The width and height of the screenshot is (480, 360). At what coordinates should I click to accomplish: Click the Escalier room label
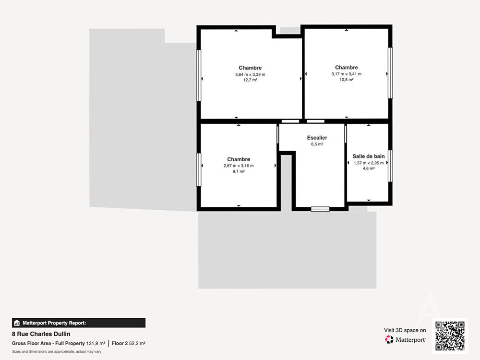pos(317,138)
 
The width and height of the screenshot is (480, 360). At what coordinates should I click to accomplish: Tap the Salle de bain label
pos(369,156)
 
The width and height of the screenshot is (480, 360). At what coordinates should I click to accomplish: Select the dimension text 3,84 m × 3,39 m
pos(250,74)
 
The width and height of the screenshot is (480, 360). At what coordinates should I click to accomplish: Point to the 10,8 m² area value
pos(346,80)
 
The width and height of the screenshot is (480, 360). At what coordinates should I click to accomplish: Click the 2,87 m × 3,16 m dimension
pos(239,166)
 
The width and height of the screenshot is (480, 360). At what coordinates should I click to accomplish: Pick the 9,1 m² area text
pos(239,171)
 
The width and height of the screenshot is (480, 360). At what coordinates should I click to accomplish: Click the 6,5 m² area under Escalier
pos(317,144)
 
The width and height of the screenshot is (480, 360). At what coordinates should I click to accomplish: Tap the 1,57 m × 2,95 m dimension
pos(369,163)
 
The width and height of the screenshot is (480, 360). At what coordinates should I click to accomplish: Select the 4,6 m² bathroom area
pos(369,168)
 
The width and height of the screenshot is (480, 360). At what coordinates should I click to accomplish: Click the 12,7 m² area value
pos(250,80)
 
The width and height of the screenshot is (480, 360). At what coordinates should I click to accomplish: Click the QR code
pos(450,336)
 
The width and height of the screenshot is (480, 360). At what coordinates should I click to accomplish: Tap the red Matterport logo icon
pos(389,339)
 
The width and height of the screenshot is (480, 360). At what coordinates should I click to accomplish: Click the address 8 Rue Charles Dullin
pos(41,334)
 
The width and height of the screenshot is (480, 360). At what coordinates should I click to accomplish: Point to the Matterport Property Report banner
pos(79,323)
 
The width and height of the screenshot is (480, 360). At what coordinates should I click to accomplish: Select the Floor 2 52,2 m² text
pos(129,344)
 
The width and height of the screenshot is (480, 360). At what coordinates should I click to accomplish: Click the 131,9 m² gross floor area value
pos(96,344)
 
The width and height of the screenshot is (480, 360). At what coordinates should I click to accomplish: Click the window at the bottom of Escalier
pos(320,209)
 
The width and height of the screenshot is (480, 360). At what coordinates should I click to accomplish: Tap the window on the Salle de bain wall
pos(390,166)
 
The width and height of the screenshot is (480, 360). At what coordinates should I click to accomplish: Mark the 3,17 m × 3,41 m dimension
pos(346,74)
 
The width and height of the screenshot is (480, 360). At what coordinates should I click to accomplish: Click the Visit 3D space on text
pos(405,330)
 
